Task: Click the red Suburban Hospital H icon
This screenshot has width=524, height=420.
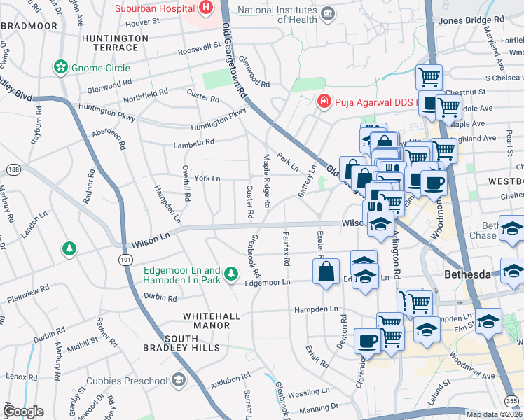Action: (x=206, y=8)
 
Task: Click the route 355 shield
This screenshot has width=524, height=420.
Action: (x=512, y=400)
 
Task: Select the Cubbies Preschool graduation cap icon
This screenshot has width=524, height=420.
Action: (x=179, y=380)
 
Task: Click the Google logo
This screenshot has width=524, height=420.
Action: (x=23, y=412)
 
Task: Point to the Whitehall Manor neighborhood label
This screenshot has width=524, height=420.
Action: (x=207, y=321)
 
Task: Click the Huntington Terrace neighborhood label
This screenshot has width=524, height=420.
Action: (x=110, y=43)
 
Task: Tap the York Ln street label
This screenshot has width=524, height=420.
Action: (x=207, y=178)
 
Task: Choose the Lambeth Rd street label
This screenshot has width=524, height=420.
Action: (x=194, y=142)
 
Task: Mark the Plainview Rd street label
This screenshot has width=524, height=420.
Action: (x=28, y=294)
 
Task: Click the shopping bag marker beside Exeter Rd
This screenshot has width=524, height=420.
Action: (x=326, y=272)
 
